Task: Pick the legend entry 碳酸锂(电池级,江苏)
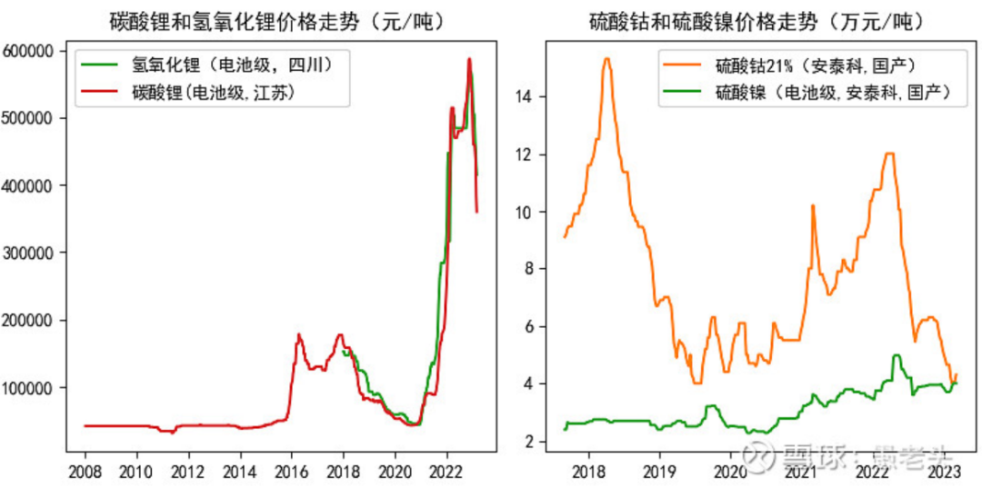point(215,92)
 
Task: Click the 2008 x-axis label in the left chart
point(85,471)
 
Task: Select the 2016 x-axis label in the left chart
point(291,471)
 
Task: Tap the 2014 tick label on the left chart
point(239,471)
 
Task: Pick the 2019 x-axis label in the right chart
point(658,471)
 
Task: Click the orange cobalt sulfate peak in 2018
point(606,59)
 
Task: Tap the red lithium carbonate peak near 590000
point(469,59)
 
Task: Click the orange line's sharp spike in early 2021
point(812,206)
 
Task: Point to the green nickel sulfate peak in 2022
point(896,355)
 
